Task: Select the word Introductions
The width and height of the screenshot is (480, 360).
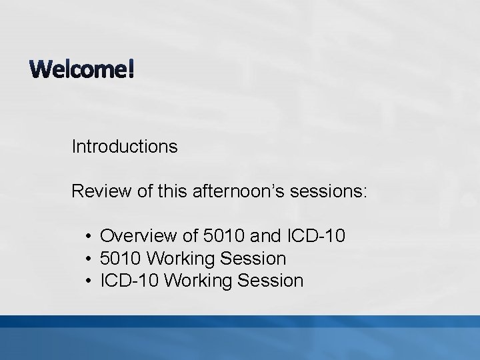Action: tap(125, 146)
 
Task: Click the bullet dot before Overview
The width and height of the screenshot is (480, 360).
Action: tap(89, 236)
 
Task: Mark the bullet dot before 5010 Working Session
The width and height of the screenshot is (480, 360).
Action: tap(89, 258)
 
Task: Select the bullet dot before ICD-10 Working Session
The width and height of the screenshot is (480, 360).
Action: tap(89, 281)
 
